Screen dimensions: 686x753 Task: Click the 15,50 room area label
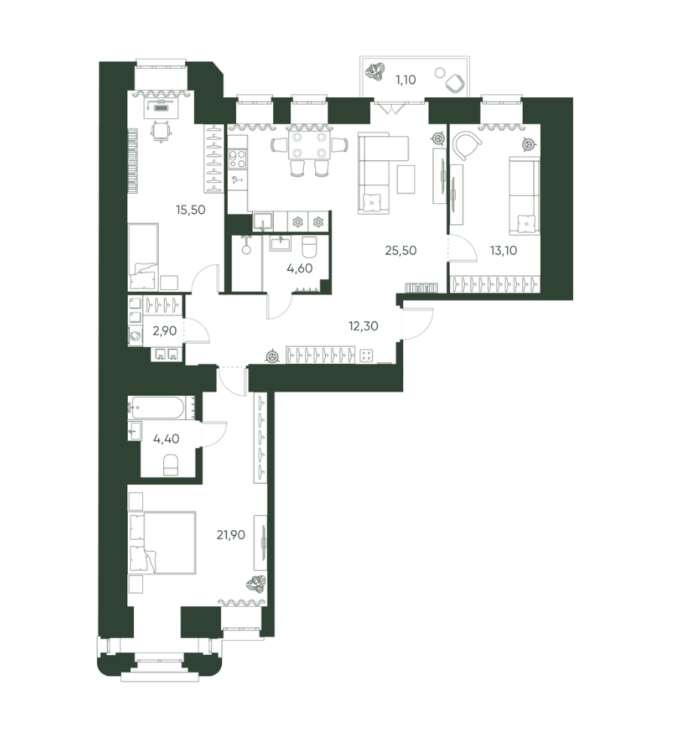[190, 209]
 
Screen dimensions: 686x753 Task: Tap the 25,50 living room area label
[401, 250]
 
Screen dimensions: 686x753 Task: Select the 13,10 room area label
[503, 250]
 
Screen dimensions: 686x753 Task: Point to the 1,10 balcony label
[405, 80]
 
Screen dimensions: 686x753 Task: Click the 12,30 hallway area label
[363, 326]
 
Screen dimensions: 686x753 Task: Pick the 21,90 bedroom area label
[231, 535]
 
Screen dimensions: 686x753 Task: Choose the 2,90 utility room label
[165, 331]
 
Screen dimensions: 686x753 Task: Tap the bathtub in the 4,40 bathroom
[157, 407]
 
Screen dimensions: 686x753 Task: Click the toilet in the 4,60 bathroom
[308, 248]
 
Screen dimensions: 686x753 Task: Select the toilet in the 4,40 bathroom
[171, 465]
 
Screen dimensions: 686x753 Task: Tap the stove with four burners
[238, 159]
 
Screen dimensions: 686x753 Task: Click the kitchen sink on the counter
[263, 221]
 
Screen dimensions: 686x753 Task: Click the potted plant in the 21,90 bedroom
[256, 584]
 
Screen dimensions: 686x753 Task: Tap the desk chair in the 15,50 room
[160, 131]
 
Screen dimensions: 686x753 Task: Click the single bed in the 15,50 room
[143, 257]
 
